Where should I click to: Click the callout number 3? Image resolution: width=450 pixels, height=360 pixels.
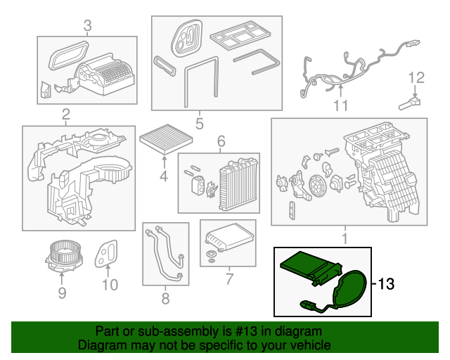[87, 26]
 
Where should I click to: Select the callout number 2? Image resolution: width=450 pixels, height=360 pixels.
[65, 115]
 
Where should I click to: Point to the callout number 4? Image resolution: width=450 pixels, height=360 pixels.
[163, 176]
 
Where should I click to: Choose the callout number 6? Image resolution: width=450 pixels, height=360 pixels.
[219, 141]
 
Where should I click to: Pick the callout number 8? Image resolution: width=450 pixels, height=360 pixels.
[165, 298]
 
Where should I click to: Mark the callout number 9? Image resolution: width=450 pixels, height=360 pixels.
[62, 291]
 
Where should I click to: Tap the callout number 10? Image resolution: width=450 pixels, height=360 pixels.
[109, 285]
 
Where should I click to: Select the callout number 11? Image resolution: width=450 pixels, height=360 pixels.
[341, 106]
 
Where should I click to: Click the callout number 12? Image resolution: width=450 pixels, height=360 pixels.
[416, 77]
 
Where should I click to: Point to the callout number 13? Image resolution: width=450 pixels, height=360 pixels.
[387, 285]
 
